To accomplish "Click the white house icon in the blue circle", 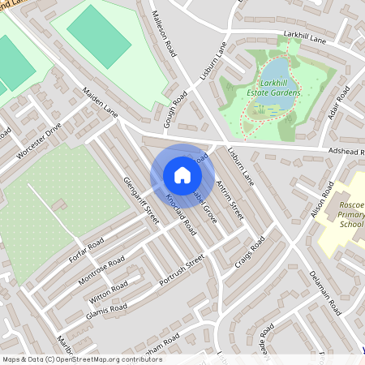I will [x=182, y=175].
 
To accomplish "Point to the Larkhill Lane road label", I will [x=304, y=36].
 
